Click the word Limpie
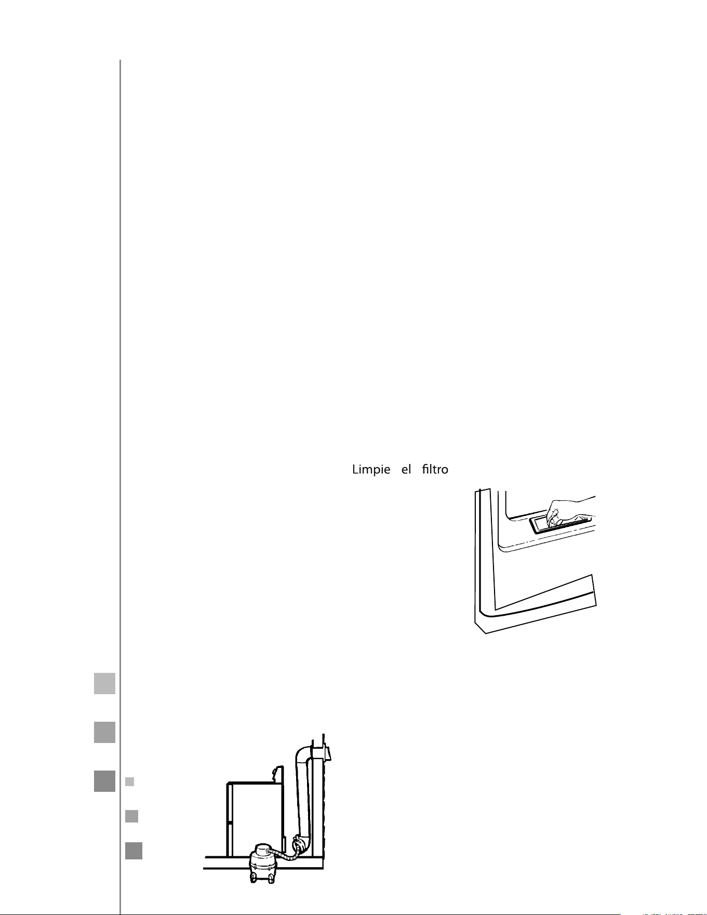tap(371, 470)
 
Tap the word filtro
tap(435, 469)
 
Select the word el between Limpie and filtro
tap(406, 469)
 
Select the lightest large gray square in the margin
tap(104, 683)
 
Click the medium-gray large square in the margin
tap(104, 732)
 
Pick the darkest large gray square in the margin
tap(104, 781)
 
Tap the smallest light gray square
tap(130, 781)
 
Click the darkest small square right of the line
tap(134, 851)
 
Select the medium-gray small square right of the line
tap(131, 816)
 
